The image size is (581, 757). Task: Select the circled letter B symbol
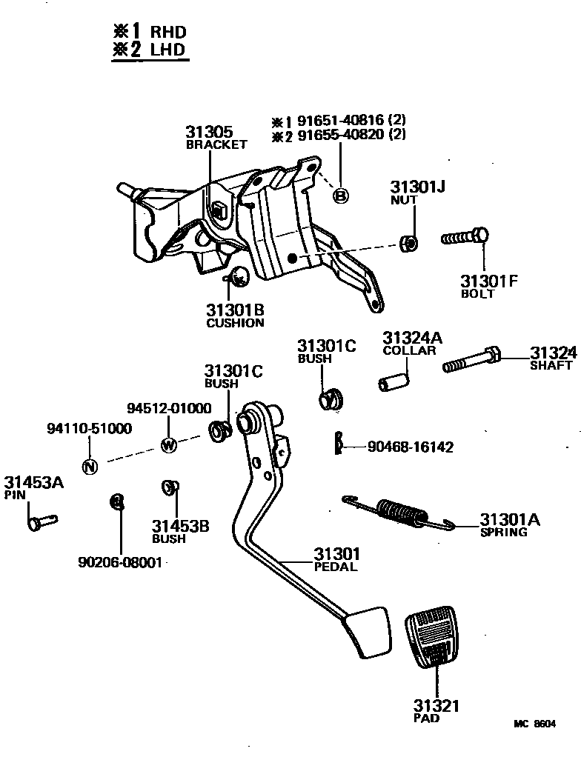pyautogui.click(x=340, y=196)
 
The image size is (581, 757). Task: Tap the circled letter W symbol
pyautogui.click(x=168, y=445)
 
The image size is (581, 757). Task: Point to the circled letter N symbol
pyautogui.click(x=89, y=466)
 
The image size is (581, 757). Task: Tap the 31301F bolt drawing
pyautogui.click(x=465, y=238)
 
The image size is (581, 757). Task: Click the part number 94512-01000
pyautogui.click(x=168, y=408)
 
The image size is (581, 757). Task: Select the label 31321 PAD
pyautogui.click(x=436, y=710)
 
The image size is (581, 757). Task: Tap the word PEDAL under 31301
pyautogui.click(x=335, y=567)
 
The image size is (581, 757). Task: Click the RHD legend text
pyautogui.click(x=168, y=32)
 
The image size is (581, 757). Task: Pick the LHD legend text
pyautogui.click(x=168, y=50)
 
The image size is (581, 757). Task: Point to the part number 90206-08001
pyautogui.click(x=119, y=562)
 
